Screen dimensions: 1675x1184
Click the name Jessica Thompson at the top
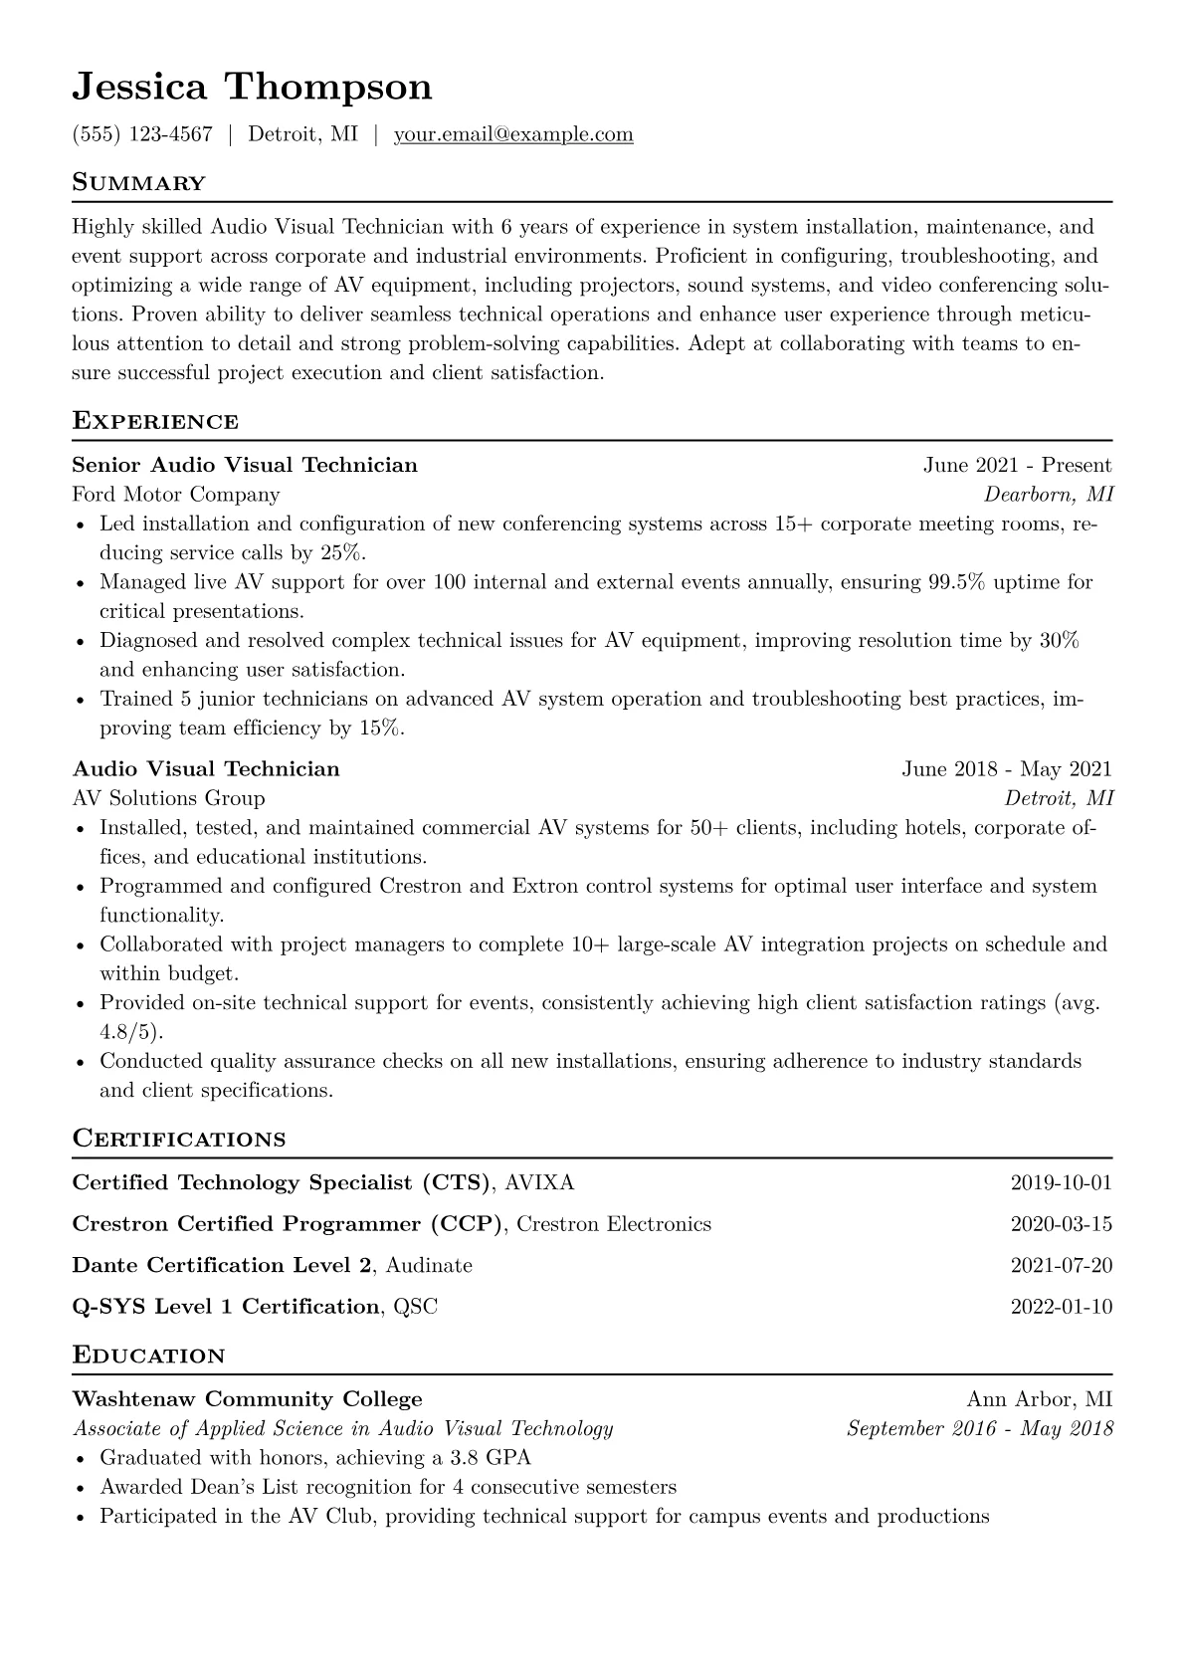(252, 88)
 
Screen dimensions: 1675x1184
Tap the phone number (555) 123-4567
(142, 134)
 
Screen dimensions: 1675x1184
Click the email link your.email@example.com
(513, 134)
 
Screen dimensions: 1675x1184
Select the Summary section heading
(139, 183)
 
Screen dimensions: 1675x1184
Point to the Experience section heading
(155, 421)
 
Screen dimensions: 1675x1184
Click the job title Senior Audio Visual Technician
(245, 465)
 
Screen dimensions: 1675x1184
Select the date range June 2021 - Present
(1017, 465)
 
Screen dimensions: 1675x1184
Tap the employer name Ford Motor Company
(176, 495)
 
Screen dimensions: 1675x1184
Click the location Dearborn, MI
(1049, 495)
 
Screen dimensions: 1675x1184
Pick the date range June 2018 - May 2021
(1007, 768)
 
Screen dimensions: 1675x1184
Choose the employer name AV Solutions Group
(169, 798)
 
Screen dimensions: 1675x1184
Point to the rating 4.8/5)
(131, 1032)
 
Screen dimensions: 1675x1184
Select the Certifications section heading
(179, 1139)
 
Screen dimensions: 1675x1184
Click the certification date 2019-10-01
(1061, 1183)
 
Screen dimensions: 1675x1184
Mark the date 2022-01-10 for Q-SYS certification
(1061, 1307)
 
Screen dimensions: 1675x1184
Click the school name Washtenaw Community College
(248, 1399)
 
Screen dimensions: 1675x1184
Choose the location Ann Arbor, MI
(1040, 1399)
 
